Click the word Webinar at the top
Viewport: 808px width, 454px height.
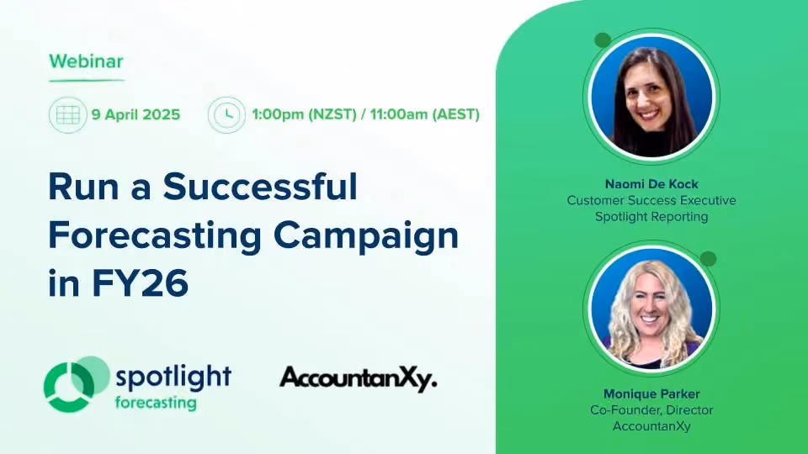coord(86,61)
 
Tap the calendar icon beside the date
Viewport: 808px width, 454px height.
coord(67,115)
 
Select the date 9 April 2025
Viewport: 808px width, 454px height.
coord(136,114)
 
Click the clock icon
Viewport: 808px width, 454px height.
coord(226,115)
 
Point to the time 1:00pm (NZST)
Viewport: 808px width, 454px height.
coord(304,114)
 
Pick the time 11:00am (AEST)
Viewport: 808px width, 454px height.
coord(424,114)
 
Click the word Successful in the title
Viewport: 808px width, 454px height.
coord(260,186)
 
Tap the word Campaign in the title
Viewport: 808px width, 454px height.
coord(366,237)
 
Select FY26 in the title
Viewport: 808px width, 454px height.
coord(141,283)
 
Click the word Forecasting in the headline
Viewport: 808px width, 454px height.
coord(155,237)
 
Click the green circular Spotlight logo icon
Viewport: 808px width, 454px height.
coord(77,384)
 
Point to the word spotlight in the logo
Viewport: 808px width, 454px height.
coord(173,377)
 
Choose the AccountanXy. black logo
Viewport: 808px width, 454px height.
coord(359,379)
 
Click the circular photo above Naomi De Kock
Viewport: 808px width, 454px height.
coord(651,96)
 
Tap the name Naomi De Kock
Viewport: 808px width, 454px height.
coord(651,184)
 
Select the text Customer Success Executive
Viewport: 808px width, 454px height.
coord(651,200)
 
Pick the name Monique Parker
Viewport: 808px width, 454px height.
coord(651,393)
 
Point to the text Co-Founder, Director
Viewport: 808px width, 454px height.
coord(651,410)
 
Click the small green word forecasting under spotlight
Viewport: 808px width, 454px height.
coord(156,403)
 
